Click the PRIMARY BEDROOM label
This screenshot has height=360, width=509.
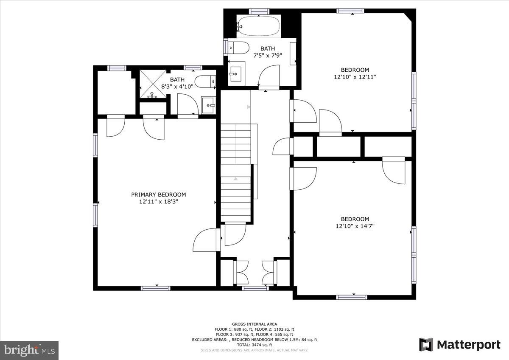[158, 195]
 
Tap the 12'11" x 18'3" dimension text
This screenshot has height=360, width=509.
[158, 202]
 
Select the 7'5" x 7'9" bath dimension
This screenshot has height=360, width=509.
[268, 56]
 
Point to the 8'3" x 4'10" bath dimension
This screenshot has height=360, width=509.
[177, 87]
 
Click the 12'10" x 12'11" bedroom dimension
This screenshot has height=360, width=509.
[355, 77]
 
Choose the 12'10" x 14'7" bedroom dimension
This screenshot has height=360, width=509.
[355, 226]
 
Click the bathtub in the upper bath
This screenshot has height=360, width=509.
[259, 25]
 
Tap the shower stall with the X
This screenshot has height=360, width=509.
[153, 84]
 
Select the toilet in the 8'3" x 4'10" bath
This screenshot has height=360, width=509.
[205, 82]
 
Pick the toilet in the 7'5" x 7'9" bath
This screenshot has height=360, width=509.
[238, 48]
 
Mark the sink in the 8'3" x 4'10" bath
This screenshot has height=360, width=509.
[208, 105]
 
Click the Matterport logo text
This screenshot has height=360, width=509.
[469, 345]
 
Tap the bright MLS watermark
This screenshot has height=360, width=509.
[30, 350]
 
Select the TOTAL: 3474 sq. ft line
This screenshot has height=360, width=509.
[254, 345]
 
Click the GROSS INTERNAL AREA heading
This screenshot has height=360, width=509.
[254, 324]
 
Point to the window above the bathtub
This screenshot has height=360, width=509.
[259, 11]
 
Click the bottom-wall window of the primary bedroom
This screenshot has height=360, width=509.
[155, 288]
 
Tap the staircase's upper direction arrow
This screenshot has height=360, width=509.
[249, 107]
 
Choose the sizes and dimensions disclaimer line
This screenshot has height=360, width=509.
[254, 350]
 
